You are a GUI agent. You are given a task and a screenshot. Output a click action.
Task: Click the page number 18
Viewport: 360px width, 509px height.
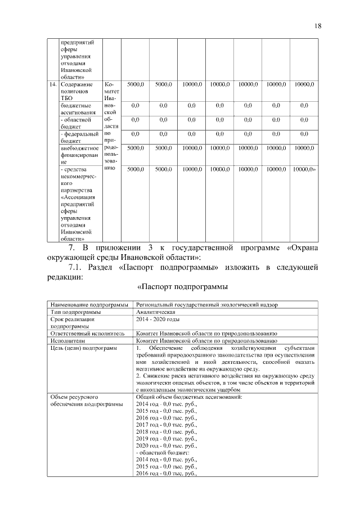pyautogui.click(x=318, y=26)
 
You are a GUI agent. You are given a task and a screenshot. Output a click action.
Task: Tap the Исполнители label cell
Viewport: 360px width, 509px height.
pyautogui.click(x=67, y=340)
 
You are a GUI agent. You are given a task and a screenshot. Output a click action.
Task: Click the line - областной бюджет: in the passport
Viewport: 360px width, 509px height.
pyautogui.click(x=163, y=452)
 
